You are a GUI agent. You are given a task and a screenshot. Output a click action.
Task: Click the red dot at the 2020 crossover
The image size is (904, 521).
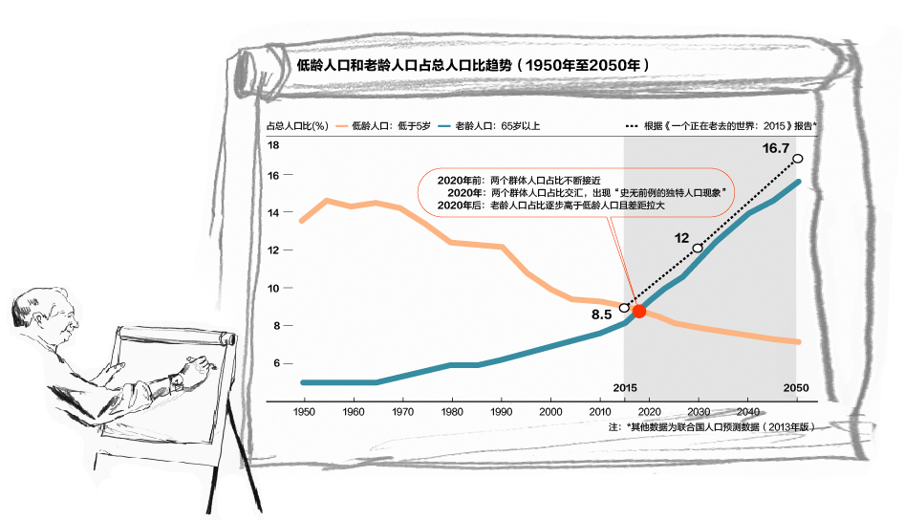coord(639,311)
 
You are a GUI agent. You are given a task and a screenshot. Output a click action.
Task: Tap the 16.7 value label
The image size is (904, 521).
coord(775,148)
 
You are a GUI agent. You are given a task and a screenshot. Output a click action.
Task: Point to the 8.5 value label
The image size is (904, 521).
coord(600,315)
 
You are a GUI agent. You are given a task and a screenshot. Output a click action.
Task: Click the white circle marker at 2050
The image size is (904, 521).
coord(798,159)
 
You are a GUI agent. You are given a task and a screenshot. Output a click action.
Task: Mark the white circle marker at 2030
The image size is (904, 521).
coord(698,249)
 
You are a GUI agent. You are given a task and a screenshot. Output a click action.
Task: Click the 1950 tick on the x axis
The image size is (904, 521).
coord(304,411)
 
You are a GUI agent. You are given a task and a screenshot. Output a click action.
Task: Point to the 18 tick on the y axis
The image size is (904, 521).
coord(273,145)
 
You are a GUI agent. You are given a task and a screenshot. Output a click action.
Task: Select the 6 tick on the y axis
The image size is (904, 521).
coord(275,363)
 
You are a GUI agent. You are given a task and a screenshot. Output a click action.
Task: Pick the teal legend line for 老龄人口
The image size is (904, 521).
coord(445,125)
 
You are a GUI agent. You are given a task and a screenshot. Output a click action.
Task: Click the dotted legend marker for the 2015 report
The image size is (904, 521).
coord(632,125)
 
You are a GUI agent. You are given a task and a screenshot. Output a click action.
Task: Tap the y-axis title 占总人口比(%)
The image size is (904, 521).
coord(297,125)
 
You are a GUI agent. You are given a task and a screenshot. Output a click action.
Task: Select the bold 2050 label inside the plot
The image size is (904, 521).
coord(796,388)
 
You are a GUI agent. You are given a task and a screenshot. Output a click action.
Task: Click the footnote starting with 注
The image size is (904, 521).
coord(711,427)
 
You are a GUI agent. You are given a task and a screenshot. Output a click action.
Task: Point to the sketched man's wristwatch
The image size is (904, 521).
coord(178,380)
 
